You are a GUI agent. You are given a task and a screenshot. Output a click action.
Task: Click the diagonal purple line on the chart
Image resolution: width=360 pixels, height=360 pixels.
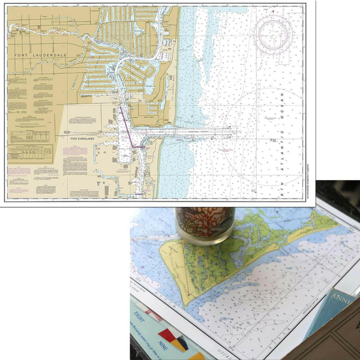(126, 126)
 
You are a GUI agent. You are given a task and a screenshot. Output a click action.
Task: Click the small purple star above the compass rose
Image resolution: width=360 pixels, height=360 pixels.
(272, 11)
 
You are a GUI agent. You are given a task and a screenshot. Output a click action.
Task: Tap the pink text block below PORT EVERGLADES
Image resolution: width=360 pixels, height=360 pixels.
(76, 150)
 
